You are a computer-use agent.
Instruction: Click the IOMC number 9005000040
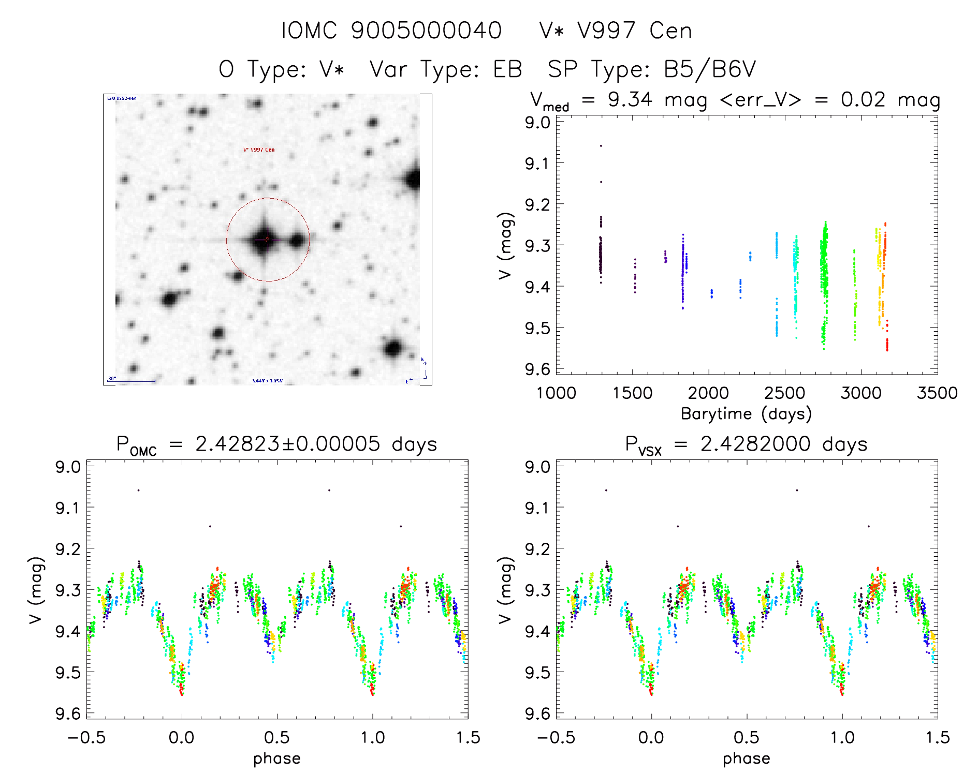(x=426, y=31)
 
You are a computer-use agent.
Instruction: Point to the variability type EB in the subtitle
(x=507, y=69)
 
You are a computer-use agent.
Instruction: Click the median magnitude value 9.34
(x=630, y=99)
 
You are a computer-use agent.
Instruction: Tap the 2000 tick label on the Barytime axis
(x=708, y=393)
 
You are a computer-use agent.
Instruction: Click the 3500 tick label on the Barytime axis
(x=937, y=393)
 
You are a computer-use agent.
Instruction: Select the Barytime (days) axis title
(x=746, y=414)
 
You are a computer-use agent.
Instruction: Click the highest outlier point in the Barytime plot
(x=601, y=146)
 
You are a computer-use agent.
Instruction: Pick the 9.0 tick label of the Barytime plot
(x=537, y=123)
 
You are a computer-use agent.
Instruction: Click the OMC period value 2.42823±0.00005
(x=287, y=444)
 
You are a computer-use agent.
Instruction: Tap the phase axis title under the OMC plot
(x=277, y=759)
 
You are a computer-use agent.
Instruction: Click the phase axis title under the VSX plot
(x=746, y=759)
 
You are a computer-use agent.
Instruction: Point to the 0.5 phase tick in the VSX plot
(x=747, y=738)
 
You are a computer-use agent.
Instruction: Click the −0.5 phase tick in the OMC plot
(x=86, y=738)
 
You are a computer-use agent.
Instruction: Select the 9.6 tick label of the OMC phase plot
(x=68, y=714)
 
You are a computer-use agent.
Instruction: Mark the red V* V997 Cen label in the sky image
(x=259, y=150)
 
